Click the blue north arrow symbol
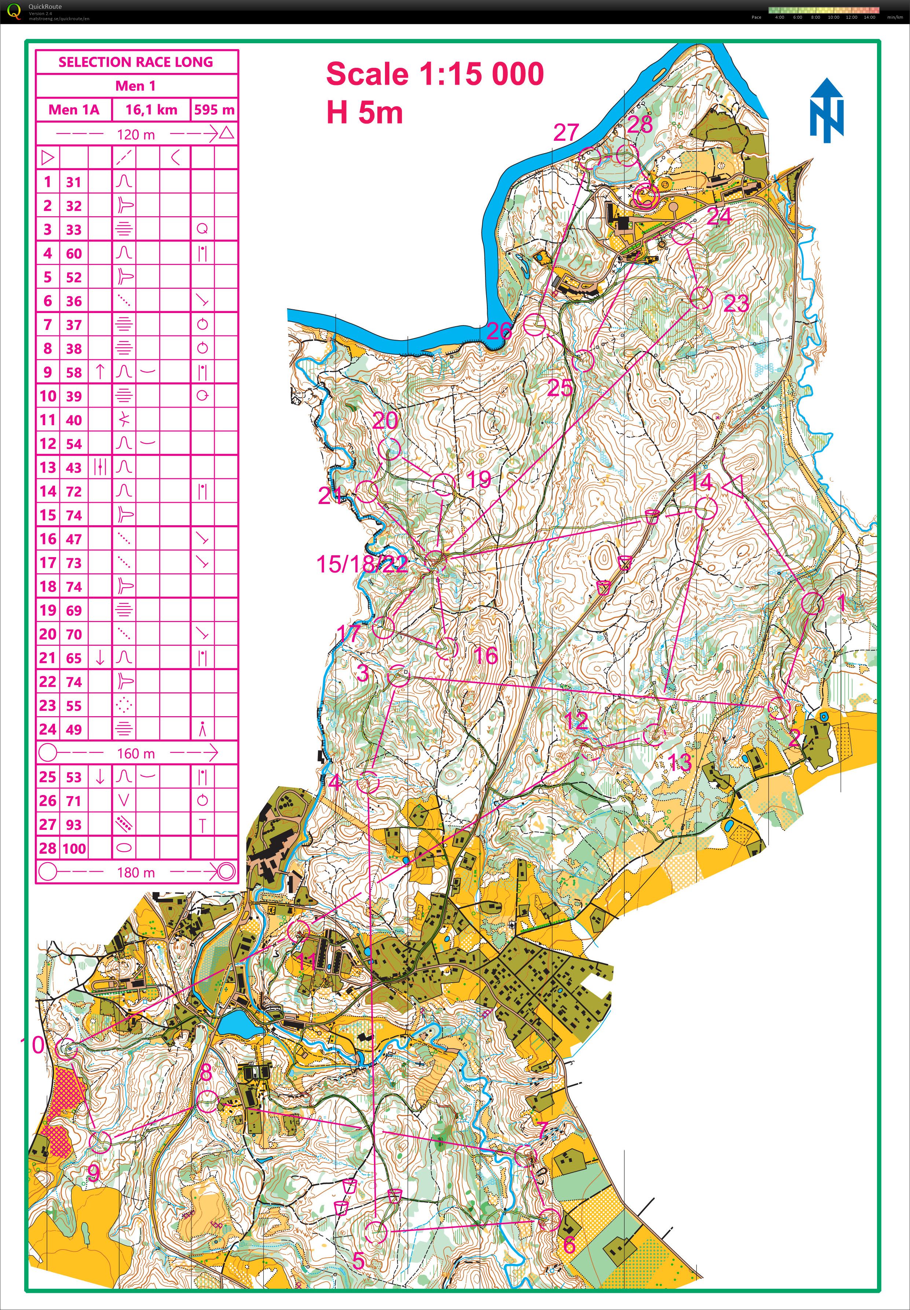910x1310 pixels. (826, 110)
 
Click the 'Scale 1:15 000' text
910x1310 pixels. (434, 74)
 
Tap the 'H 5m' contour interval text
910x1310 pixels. (364, 112)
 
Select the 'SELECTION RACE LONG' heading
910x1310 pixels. (136, 62)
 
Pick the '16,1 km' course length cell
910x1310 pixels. (151, 110)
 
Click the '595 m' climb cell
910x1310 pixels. (214, 110)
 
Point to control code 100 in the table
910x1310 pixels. (74, 848)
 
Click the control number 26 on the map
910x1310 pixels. (498, 331)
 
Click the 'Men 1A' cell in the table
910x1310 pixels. (74, 110)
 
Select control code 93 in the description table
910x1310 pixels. (74, 824)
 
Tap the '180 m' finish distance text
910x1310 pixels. (136, 872)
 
